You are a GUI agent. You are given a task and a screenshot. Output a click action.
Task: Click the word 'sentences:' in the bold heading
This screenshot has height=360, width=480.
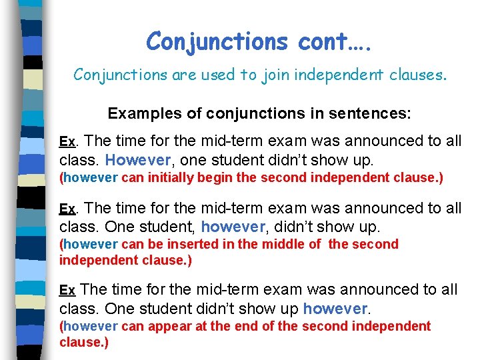[374, 113]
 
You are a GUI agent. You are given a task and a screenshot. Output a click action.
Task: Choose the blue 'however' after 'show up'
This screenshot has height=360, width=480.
[335, 309]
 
